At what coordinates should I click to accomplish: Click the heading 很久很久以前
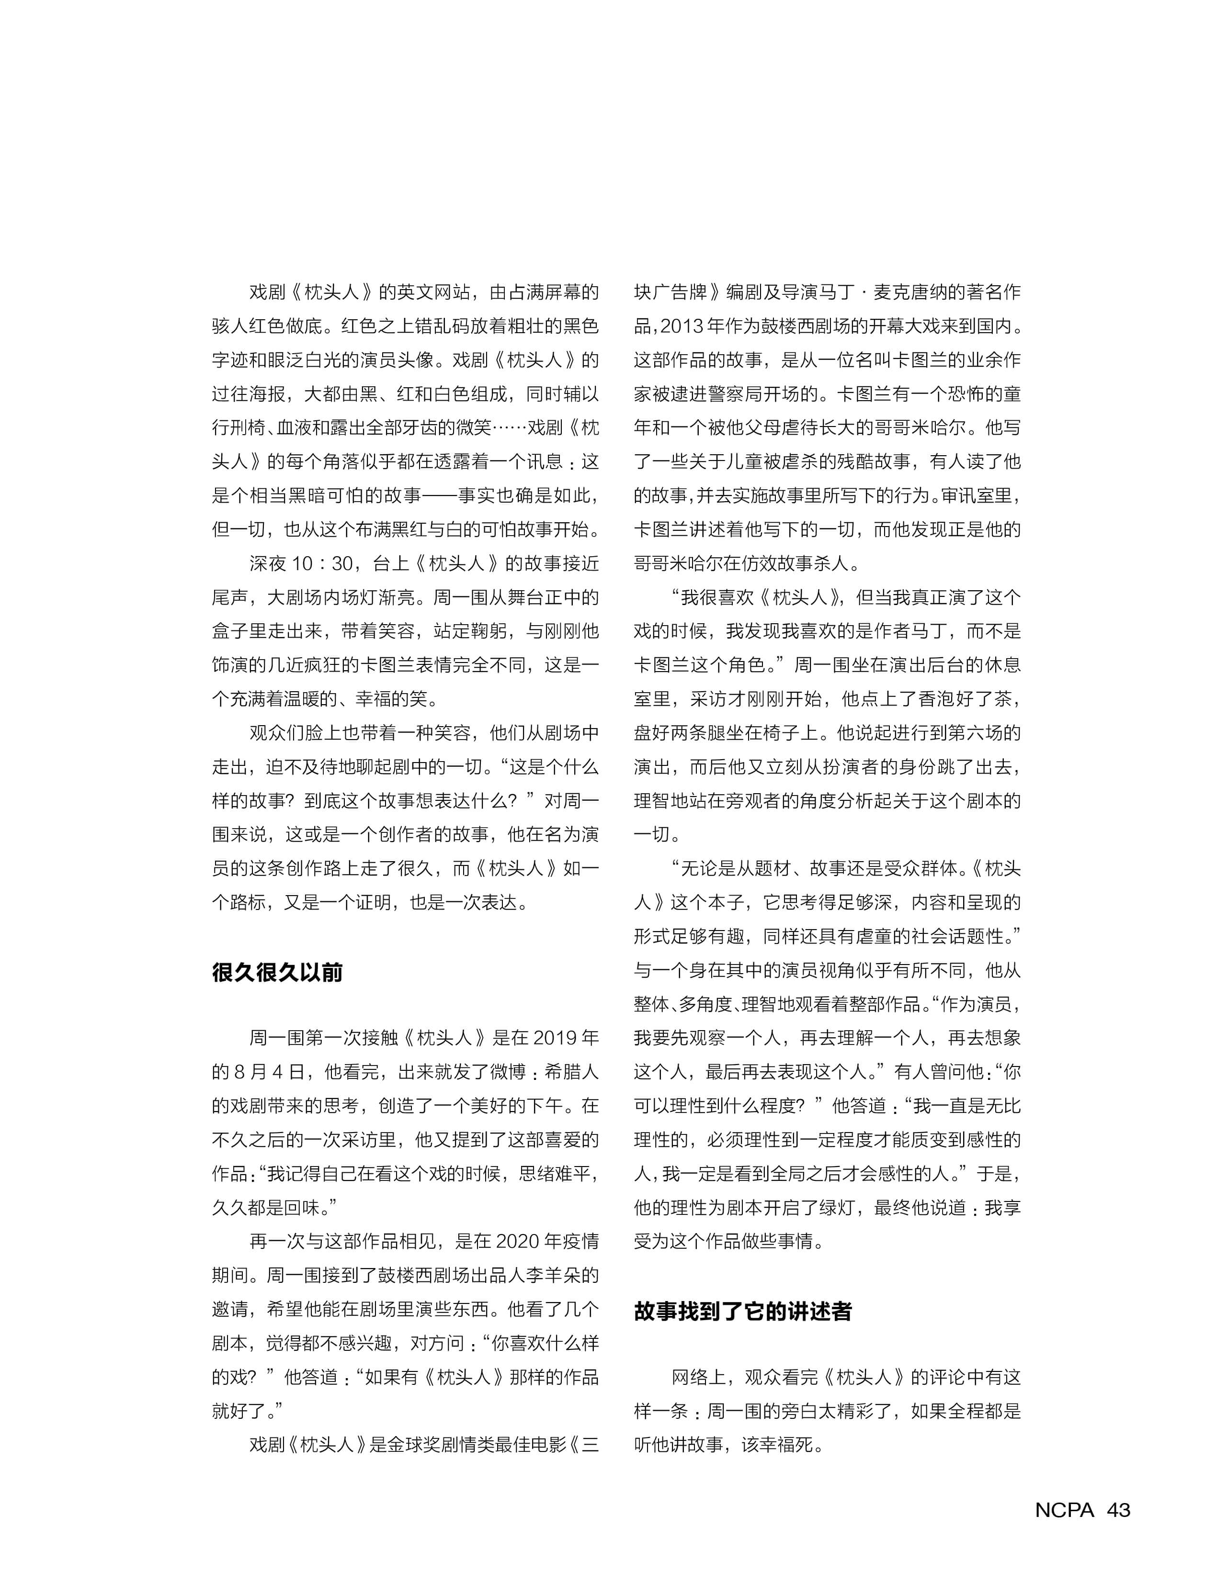[x=277, y=972]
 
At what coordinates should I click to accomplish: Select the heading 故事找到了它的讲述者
[x=743, y=1312]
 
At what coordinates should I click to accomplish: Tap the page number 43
[x=1118, y=1510]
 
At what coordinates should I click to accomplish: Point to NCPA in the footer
[x=1065, y=1510]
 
